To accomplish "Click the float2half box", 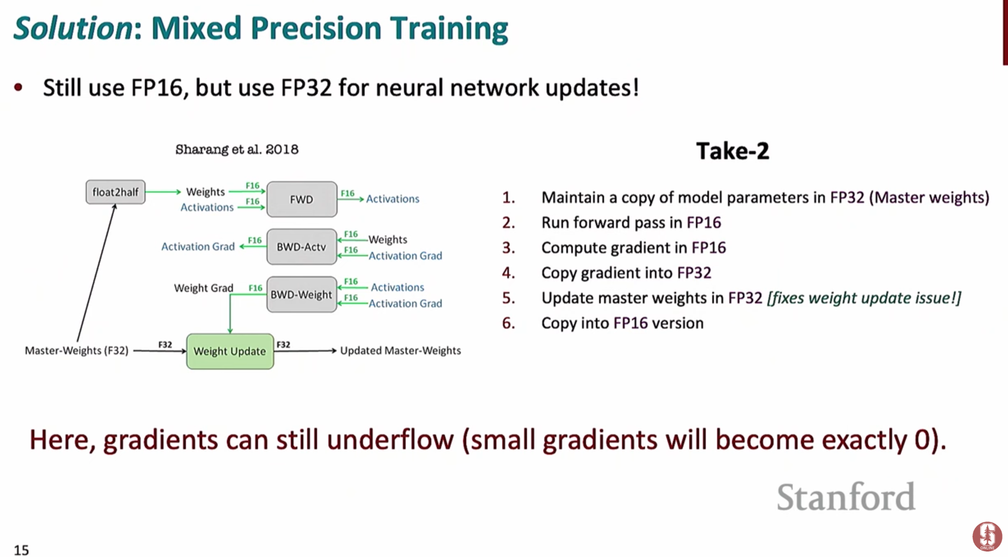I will (x=115, y=192).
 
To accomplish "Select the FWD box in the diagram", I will (x=302, y=199).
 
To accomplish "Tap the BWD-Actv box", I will (x=301, y=247).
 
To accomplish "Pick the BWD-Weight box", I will (x=301, y=295).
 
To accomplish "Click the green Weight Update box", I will (x=230, y=351).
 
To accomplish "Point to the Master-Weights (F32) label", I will (x=77, y=351).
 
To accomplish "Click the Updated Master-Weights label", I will (x=400, y=351).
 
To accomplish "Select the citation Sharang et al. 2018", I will (x=237, y=150).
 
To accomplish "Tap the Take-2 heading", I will (x=732, y=151).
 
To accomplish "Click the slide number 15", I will (x=21, y=549).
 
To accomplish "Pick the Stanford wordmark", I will (x=846, y=497).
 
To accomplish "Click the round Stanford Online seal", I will (x=987, y=536).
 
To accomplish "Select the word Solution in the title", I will (x=73, y=28).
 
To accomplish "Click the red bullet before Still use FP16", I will (x=19, y=87).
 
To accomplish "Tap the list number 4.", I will (x=508, y=272).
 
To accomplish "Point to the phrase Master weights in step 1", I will (x=931, y=197).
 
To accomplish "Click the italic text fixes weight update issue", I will (x=864, y=298).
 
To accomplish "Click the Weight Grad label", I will (x=203, y=288).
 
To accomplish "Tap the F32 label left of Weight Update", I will (x=165, y=345).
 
